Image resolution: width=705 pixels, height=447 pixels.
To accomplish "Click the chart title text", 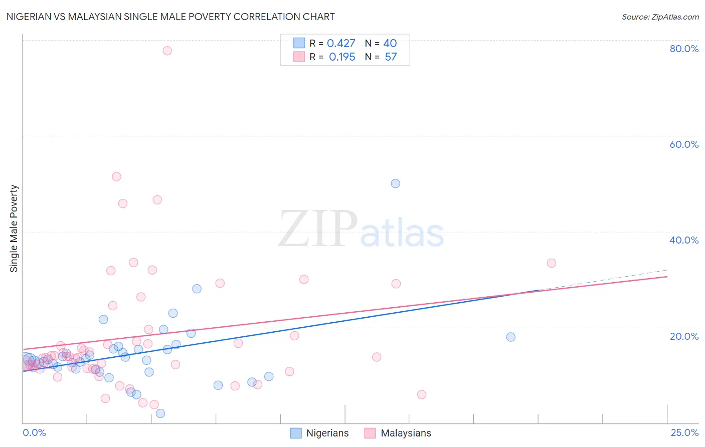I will (170, 17).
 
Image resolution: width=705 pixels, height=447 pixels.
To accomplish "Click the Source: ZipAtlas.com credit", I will (660, 17).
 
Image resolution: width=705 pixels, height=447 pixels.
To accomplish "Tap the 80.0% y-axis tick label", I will (684, 49).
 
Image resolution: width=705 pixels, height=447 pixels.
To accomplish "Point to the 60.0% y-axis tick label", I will (684, 144).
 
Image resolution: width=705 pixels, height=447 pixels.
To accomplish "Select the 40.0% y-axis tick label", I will (684, 240).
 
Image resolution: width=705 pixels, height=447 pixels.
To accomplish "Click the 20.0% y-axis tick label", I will (684, 336).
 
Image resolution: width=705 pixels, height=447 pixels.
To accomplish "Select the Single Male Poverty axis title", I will (14, 229).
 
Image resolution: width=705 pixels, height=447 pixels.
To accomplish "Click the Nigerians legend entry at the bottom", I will (319, 433).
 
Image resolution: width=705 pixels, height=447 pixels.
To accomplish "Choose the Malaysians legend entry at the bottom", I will (398, 433).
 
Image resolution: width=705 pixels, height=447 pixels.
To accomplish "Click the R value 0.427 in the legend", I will (341, 44).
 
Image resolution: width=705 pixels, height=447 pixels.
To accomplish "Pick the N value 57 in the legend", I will (391, 57).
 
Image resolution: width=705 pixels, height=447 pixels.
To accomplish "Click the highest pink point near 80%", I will (167, 51).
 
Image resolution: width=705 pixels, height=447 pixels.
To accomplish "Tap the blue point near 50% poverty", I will (396, 183).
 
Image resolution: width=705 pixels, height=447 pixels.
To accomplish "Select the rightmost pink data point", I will (552, 263).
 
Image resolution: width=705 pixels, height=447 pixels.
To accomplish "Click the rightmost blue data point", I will (511, 337).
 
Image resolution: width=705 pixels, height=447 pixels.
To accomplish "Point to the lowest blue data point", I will (160, 413).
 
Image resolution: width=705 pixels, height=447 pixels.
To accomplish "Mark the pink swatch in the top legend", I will (299, 57).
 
